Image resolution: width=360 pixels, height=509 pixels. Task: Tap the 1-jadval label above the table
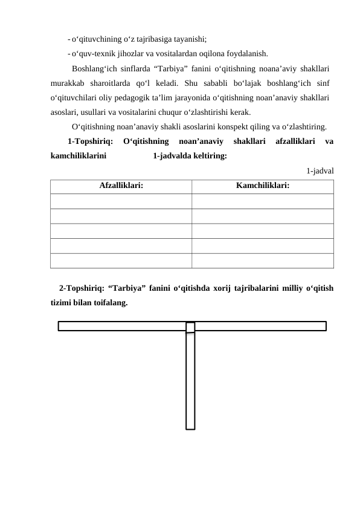point(320,170)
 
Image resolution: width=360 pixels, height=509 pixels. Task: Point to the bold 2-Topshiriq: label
point(82,288)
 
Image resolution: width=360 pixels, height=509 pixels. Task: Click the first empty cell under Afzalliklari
point(121,201)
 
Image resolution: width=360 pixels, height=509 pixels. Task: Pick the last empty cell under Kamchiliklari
point(262,260)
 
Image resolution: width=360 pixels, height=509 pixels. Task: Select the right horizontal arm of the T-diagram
point(260,326)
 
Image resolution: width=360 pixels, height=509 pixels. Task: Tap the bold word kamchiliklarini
point(79,157)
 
